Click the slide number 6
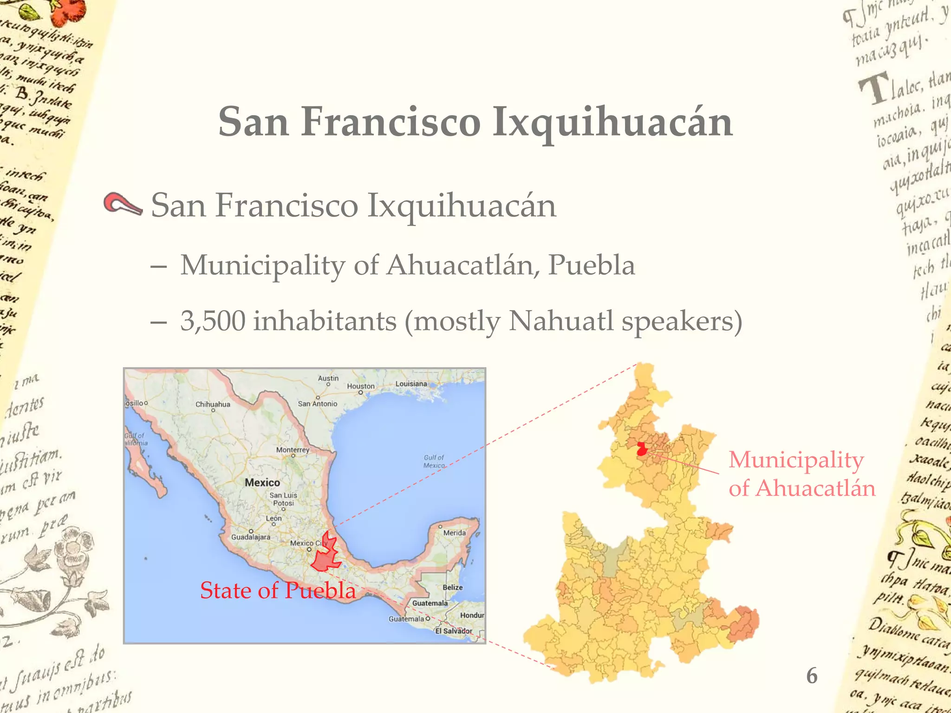[x=812, y=675]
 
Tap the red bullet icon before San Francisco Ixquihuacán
[x=122, y=204]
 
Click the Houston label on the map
[x=361, y=386]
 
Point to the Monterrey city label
[x=293, y=450]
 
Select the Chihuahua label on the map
[x=213, y=404]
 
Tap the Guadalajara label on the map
[x=251, y=537]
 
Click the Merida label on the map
[x=454, y=533]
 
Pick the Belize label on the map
[x=452, y=587]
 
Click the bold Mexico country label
[x=262, y=483]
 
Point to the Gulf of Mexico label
[x=434, y=461]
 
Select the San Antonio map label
[x=318, y=404]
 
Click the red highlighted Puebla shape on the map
[x=326, y=556]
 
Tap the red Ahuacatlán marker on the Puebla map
[x=642, y=449]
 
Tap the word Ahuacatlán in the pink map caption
[x=815, y=488]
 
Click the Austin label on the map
[x=328, y=378]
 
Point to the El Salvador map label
[x=454, y=631]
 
